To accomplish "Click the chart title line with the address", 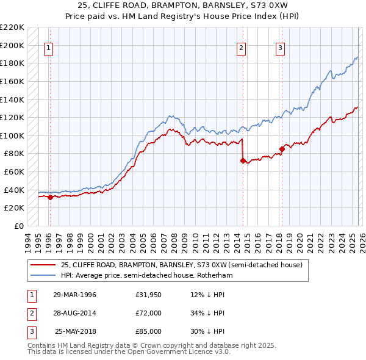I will (x=183, y=5).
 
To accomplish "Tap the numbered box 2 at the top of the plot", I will (x=242, y=48).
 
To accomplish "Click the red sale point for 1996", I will (x=50, y=197).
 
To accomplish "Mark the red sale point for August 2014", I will (x=243, y=161).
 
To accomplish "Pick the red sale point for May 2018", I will (x=282, y=149).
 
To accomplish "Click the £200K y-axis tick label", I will (x=13, y=45).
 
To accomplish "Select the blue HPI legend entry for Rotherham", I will (x=146, y=276).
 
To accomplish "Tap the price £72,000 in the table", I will (x=149, y=313).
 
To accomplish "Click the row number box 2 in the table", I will (x=30, y=313).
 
